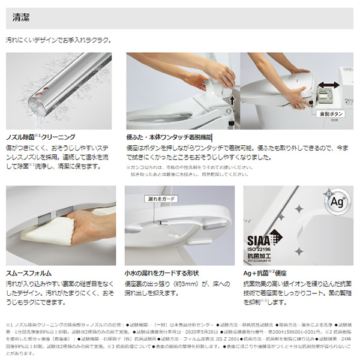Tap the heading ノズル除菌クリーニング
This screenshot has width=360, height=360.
pos(41,137)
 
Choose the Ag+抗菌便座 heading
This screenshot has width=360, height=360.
pos(270,271)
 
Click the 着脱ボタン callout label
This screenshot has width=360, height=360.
pos(331,112)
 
